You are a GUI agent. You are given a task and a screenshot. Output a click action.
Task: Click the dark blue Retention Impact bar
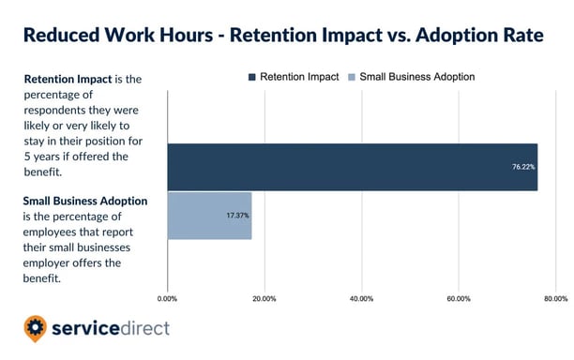point(352,167)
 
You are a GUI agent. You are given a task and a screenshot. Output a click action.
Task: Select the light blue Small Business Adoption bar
point(209,216)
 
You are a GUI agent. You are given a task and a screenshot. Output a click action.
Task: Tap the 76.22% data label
point(523,168)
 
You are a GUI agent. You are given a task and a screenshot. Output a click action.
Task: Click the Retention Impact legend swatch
point(253,76)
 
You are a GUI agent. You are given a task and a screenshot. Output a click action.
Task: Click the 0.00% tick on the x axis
point(167,299)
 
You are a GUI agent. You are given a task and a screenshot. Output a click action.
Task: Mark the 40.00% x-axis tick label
point(361,299)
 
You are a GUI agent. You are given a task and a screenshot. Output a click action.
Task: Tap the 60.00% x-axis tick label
point(458,299)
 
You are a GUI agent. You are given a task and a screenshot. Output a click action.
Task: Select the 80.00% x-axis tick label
point(554,299)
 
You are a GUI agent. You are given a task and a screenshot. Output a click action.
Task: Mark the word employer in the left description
point(51,264)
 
